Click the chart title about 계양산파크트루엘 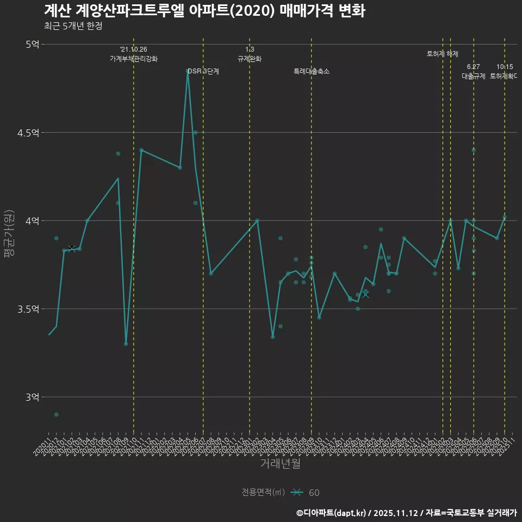[204, 11]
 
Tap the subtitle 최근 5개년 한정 [73, 26]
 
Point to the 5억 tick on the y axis [32, 45]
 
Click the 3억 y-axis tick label [32, 397]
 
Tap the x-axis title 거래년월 [280, 464]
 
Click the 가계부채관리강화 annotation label [134, 59]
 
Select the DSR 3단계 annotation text [203, 72]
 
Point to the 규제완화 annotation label [250, 59]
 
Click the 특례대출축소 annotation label [312, 72]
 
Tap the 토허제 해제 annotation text [443, 54]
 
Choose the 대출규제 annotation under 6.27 [473, 76]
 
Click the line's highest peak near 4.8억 [188, 70]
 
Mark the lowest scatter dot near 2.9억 [56, 414]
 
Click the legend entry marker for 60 [296, 493]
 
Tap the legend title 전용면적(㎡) [263, 493]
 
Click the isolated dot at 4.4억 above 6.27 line [474, 150]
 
